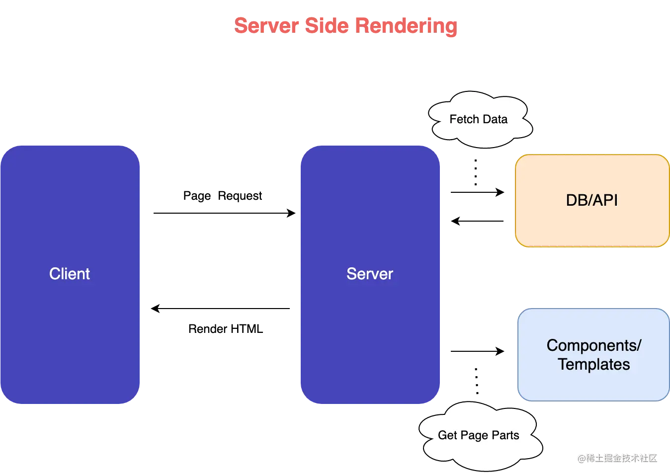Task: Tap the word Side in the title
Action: [327, 26]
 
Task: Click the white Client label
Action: [70, 274]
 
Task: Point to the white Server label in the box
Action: [370, 274]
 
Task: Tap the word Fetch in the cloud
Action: [464, 119]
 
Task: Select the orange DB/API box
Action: [592, 224]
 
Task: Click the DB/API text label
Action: [592, 200]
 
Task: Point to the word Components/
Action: [594, 345]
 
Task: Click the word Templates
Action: [594, 365]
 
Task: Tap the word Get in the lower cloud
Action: [447, 435]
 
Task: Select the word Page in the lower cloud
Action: [474, 436]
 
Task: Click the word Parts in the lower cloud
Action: [505, 435]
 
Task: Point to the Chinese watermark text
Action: [617, 457]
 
